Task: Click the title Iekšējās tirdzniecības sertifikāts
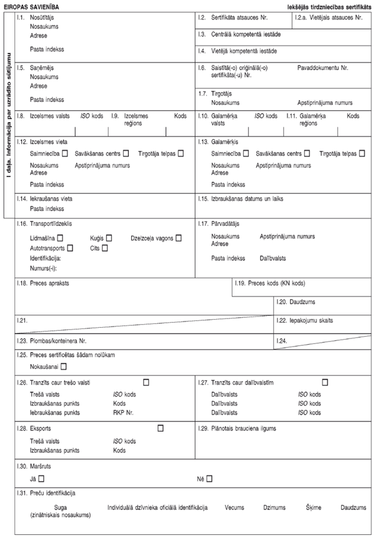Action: click(324, 5)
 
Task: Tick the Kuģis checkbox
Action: click(109, 238)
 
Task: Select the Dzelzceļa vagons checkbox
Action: click(179, 238)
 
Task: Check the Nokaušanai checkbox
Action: click(64, 366)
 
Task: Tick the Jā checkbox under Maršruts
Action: click(41, 479)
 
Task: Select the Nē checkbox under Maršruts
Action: click(209, 479)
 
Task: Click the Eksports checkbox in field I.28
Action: click(161, 428)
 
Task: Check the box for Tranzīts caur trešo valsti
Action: click(146, 382)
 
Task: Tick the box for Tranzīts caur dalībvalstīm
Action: click(325, 382)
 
